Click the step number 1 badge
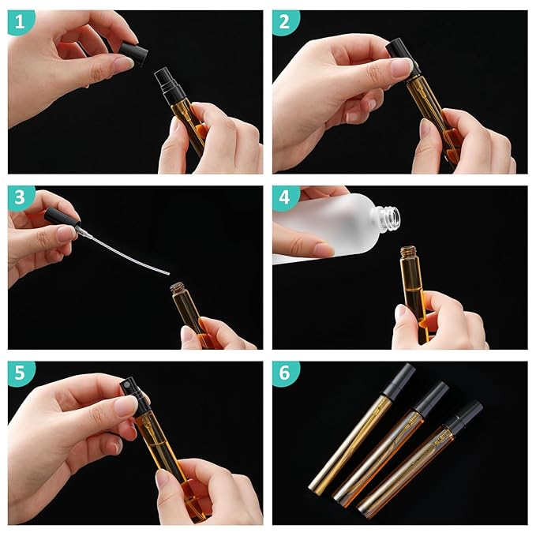pyautogui.click(x=21, y=22)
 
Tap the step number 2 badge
pyautogui.click(x=285, y=22)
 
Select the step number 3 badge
pyautogui.click(x=21, y=198)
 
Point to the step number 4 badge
pyautogui.click(x=285, y=198)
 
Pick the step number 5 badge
pyautogui.click(x=21, y=373)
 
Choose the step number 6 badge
pyautogui.click(x=285, y=373)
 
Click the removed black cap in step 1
pyautogui.click(x=133, y=54)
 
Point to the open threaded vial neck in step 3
pyautogui.click(x=178, y=289)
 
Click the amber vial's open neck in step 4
pyautogui.click(x=409, y=252)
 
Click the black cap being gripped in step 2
pyautogui.click(x=401, y=54)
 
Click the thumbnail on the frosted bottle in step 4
pyautogui.click(x=324, y=249)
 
